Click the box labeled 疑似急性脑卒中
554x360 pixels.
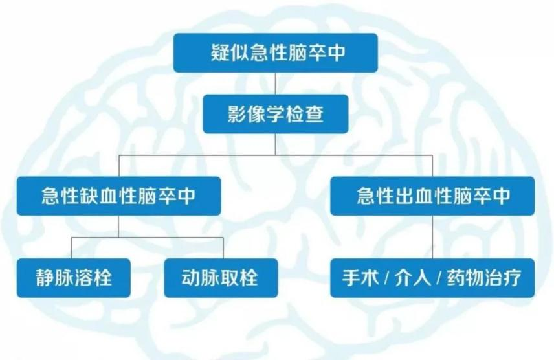click(x=276, y=53)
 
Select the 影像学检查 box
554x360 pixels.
click(x=276, y=114)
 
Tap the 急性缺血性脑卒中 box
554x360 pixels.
click(x=118, y=196)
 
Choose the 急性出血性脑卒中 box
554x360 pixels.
click(x=432, y=196)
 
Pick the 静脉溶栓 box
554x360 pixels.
click(x=74, y=278)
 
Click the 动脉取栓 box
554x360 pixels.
click(x=221, y=278)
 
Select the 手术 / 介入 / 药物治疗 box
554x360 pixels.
click(x=432, y=278)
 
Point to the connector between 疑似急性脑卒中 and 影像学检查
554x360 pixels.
click(x=276, y=84)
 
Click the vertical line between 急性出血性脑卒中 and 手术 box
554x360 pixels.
click(x=432, y=237)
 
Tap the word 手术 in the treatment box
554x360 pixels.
click(x=360, y=278)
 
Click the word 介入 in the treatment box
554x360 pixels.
click(x=413, y=278)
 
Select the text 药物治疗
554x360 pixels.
click(x=484, y=278)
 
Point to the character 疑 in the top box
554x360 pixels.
click(x=221, y=52)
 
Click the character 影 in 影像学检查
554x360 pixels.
click(x=237, y=114)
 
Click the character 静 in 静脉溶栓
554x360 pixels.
click(x=45, y=278)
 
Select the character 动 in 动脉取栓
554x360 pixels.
click(x=191, y=278)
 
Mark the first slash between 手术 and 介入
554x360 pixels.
click(x=387, y=278)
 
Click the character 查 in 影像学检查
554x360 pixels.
click(x=314, y=114)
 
